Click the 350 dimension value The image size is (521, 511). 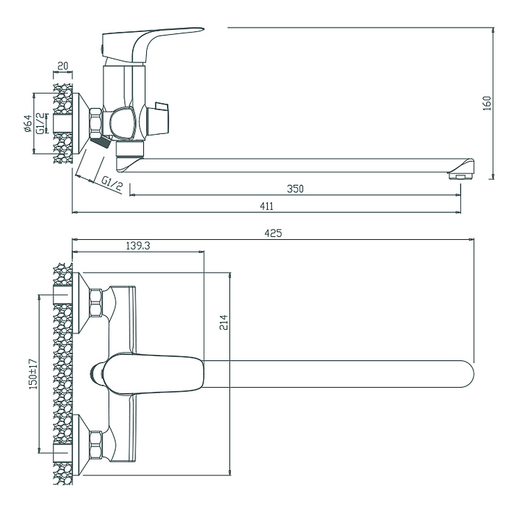(x=295, y=188)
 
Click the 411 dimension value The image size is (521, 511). (x=266, y=206)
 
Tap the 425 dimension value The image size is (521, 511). (x=273, y=233)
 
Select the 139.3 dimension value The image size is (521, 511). (x=138, y=246)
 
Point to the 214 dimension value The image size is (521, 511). (x=224, y=323)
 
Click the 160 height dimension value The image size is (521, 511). (x=486, y=103)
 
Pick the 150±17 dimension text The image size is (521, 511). (x=33, y=373)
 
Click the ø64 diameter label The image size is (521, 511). (x=27, y=124)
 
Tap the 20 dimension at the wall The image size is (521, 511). (x=62, y=66)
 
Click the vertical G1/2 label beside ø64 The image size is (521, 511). (x=41, y=123)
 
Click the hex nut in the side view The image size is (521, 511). (x=96, y=122)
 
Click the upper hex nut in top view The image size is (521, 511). (x=96, y=303)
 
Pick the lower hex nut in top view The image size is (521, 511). (x=96, y=445)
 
